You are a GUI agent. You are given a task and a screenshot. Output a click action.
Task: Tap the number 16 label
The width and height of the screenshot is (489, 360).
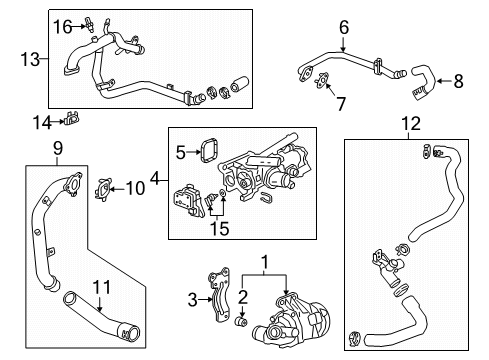pos(63,26)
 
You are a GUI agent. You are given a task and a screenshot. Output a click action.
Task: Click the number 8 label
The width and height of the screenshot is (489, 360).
pos(458,81)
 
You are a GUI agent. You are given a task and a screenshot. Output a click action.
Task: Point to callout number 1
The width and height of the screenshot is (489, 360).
pos(264,264)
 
